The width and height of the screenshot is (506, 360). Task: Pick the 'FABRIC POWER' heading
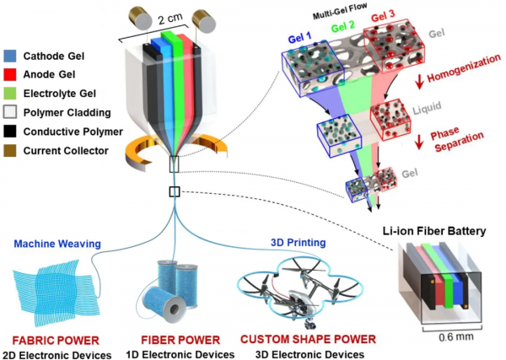(47, 340)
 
